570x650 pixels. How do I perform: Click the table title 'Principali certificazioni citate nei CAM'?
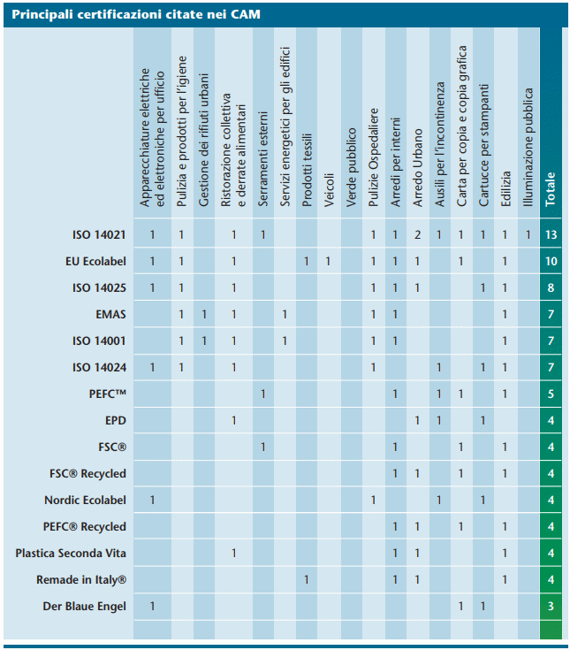pyautogui.click(x=136, y=14)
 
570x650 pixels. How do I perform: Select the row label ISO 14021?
pyautogui.click(x=99, y=234)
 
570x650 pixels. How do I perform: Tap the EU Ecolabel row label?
pyautogui.click(x=95, y=261)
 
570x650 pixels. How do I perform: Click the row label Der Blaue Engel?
pyautogui.click(x=85, y=607)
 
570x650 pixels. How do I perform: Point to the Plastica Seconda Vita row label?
pyautogui.click(x=71, y=553)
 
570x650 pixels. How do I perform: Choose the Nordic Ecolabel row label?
pyautogui.click(x=86, y=500)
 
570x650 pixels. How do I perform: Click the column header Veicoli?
pyautogui.click(x=329, y=190)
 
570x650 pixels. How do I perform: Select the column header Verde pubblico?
pyautogui.click(x=351, y=167)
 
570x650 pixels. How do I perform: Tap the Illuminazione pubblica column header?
pyautogui.click(x=528, y=147)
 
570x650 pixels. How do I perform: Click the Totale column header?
pyautogui.click(x=550, y=189)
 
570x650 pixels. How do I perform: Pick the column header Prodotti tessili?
pyautogui.click(x=307, y=170)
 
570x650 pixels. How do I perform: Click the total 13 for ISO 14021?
pyautogui.click(x=551, y=235)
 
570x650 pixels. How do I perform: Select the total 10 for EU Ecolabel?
pyautogui.click(x=551, y=262)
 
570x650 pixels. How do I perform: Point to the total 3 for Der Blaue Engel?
pyautogui.click(x=551, y=607)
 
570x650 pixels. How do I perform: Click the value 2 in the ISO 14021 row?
pyautogui.click(x=417, y=235)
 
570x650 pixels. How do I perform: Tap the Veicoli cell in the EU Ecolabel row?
pyautogui.click(x=328, y=262)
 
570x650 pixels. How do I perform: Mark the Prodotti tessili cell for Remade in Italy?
pyautogui.click(x=307, y=580)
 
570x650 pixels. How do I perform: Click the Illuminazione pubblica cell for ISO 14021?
pyautogui.click(x=528, y=235)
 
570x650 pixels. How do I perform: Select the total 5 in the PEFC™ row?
pyautogui.click(x=551, y=394)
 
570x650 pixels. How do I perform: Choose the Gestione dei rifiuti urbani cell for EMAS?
pyautogui.click(x=204, y=315)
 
